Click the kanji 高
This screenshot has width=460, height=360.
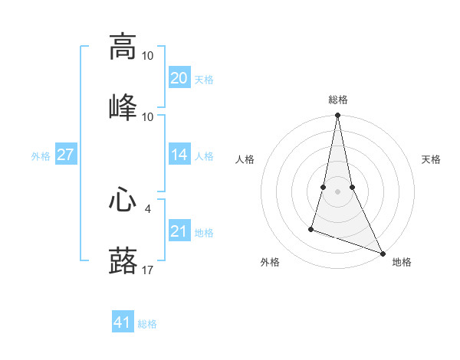click(x=123, y=47)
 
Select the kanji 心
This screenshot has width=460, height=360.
click(x=123, y=202)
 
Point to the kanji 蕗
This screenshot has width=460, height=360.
click(x=123, y=261)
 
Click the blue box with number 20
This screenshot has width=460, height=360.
click(x=179, y=77)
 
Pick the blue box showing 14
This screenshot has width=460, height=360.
click(x=179, y=155)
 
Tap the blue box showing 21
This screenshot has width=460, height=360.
click(x=179, y=231)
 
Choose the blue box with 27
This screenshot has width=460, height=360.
click(x=65, y=155)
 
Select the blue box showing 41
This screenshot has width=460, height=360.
click(x=123, y=322)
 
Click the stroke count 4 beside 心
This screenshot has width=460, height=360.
click(x=147, y=208)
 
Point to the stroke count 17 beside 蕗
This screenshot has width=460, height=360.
click(x=147, y=269)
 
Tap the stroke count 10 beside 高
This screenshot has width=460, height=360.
click(x=147, y=56)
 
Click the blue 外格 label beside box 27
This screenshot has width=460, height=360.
click(x=41, y=155)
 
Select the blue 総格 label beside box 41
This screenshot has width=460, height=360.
click(x=147, y=324)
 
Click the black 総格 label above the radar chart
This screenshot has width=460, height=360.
click(x=337, y=100)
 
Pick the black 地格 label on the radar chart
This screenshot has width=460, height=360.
click(x=402, y=262)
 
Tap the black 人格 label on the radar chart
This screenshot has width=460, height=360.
click(x=245, y=159)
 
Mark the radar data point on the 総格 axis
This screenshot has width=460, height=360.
click(x=337, y=116)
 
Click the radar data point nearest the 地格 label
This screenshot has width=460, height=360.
click(x=382, y=253)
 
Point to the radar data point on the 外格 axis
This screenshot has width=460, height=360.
click(x=311, y=228)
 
